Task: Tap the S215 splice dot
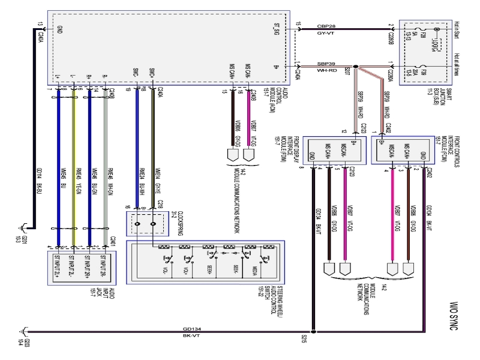(313, 329)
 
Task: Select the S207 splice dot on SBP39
(355, 67)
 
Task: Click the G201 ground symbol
(22, 227)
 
